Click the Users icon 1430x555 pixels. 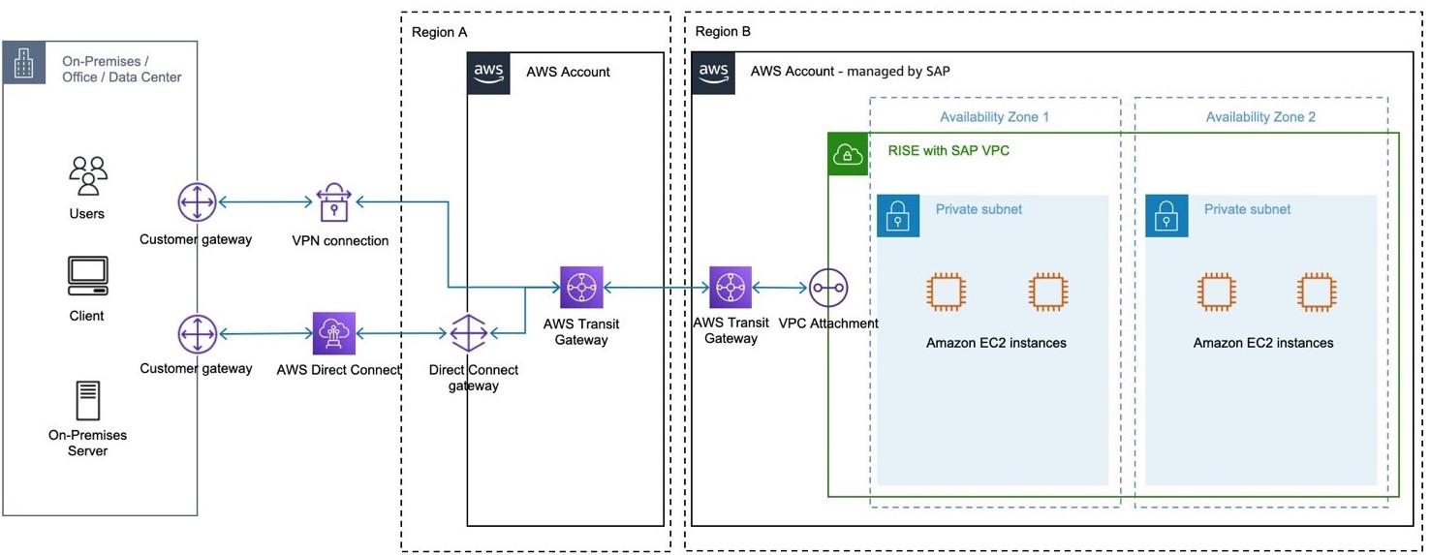pos(87,175)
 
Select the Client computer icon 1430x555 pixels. pos(87,276)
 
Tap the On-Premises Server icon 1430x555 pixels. pos(87,400)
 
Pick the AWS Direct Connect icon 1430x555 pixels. pos(334,333)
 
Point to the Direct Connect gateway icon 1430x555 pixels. pos(469,334)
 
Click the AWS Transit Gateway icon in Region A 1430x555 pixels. pos(581,288)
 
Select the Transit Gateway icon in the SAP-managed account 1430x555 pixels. pos(730,288)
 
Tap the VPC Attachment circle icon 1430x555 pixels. pos(828,288)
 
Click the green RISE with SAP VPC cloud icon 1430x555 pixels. pos(848,154)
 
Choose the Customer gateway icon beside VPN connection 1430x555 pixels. pos(198,202)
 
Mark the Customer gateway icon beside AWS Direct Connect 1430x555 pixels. pos(198,334)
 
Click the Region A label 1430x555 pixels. pos(439,32)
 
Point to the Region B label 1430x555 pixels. pos(723,32)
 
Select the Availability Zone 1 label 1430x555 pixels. pos(994,117)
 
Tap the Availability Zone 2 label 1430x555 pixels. pos(1260,117)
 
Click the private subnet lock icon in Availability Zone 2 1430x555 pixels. pos(1166,216)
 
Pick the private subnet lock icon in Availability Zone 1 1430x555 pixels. pos(898,216)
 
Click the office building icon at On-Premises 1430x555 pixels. pos(23,63)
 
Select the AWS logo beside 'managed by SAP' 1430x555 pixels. pos(713,73)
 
